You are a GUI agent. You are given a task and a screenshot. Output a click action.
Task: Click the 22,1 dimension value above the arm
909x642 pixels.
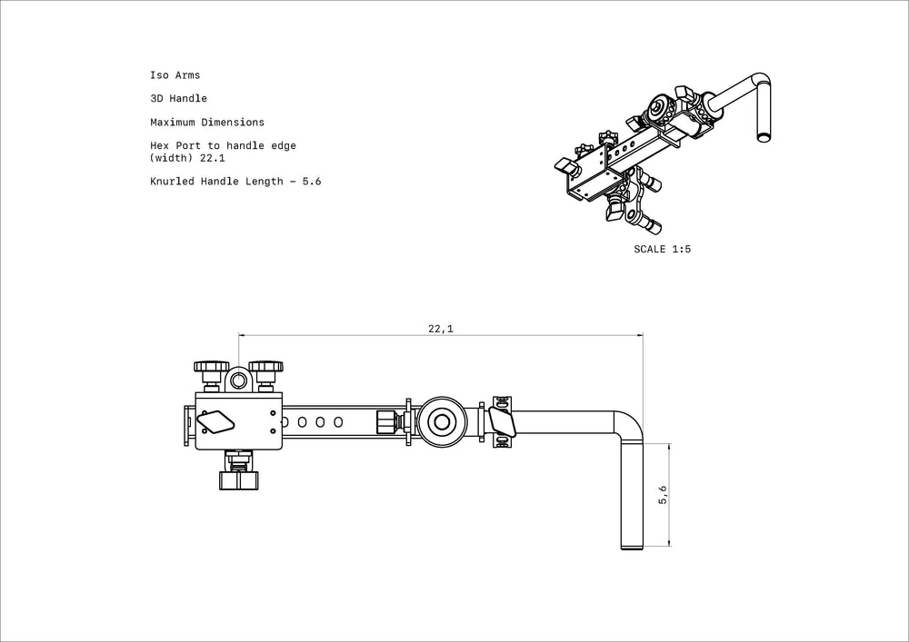[441, 329]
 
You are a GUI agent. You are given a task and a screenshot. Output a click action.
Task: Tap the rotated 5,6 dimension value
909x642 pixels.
[664, 494]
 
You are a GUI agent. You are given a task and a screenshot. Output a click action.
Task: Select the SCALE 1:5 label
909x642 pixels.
[662, 249]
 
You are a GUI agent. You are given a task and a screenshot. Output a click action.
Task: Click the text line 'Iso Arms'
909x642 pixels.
[175, 74]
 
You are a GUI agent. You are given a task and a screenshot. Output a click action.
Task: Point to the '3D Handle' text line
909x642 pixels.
[178, 98]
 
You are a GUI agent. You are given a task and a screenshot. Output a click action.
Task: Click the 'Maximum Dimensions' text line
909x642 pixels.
[207, 123]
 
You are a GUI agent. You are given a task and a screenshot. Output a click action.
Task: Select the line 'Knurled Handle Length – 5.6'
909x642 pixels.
[235, 182]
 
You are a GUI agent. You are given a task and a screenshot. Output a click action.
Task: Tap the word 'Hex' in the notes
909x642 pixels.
[159, 146]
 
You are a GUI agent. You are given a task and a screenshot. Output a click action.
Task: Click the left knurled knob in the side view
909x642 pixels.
[211, 367]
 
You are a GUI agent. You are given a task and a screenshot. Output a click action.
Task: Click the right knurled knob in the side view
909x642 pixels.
[266, 367]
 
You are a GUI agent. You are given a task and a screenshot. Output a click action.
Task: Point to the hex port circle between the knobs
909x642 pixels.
[238, 380]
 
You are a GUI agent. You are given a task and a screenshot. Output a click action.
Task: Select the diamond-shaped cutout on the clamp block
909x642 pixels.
[215, 422]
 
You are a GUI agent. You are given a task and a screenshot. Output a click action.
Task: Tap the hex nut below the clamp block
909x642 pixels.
[239, 480]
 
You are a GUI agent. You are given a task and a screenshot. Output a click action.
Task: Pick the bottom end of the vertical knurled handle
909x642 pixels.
[633, 548]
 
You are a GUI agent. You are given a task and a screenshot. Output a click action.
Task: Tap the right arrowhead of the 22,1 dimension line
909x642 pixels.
[640, 334]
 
